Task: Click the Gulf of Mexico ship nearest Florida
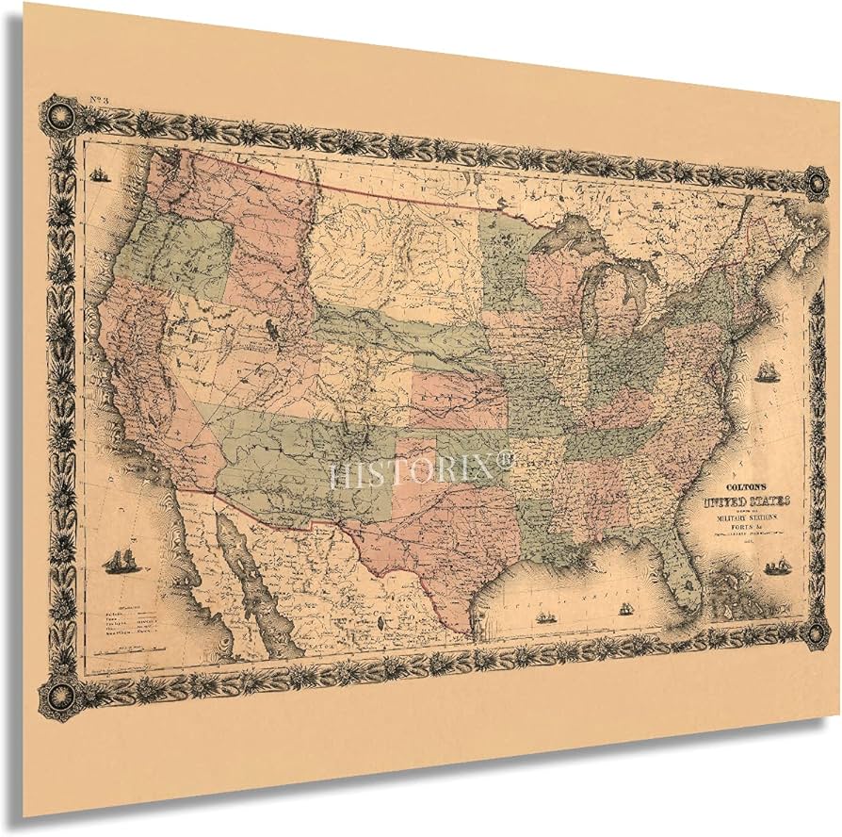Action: click(x=623, y=609)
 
